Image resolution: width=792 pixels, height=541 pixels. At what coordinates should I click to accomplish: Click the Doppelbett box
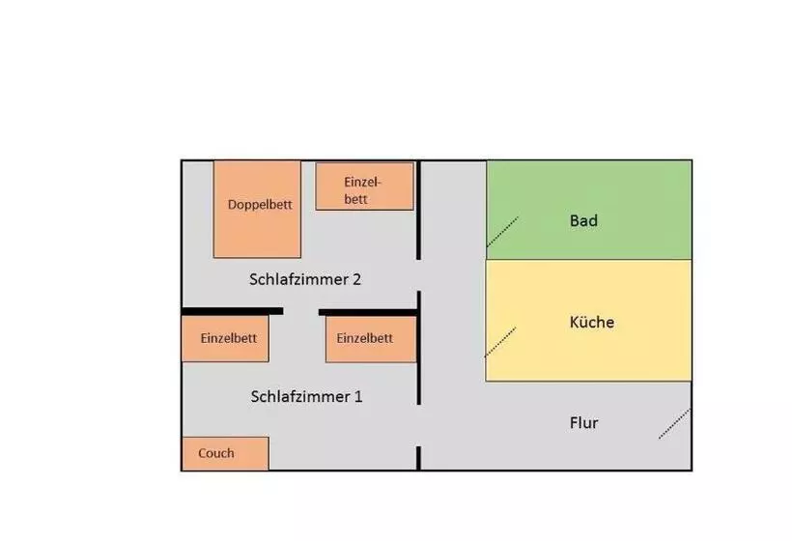(x=257, y=209)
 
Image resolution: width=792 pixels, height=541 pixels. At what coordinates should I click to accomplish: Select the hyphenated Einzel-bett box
(x=364, y=185)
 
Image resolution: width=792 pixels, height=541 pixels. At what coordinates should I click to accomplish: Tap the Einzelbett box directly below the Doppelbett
(x=225, y=339)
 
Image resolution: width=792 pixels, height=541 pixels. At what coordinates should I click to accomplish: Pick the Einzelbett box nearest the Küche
(x=370, y=339)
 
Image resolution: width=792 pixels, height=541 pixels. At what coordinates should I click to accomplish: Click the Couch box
(x=225, y=453)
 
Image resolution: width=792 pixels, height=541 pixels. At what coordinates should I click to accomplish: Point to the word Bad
(x=583, y=220)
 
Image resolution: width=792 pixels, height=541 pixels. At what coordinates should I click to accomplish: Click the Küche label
(x=591, y=322)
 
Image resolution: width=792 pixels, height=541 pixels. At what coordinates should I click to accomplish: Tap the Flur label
(x=583, y=422)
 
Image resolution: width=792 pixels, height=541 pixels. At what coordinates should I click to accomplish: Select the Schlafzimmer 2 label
(x=305, y=279)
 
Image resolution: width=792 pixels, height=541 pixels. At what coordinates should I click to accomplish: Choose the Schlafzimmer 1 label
(x=306, y=396)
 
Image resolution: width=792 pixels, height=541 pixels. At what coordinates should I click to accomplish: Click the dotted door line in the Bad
(x=502, y=232)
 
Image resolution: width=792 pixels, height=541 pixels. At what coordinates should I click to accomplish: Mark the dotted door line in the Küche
(x=500, y=339)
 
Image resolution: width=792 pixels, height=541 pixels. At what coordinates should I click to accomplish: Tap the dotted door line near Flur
(x=674, y=423)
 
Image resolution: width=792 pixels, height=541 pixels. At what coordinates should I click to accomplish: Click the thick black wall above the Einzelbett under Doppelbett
(x=232, y=311)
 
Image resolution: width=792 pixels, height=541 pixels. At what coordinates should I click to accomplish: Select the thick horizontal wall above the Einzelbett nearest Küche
(x=367, y=312)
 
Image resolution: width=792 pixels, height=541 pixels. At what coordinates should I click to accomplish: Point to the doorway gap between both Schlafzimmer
(x=300, y=312)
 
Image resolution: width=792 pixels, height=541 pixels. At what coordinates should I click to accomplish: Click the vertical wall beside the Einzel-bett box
(x=418, y=210)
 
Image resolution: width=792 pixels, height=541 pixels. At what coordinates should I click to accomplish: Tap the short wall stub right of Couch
(x=418, y=458)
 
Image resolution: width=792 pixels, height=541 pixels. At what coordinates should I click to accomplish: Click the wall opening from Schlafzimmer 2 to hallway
(x=418, y=275)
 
